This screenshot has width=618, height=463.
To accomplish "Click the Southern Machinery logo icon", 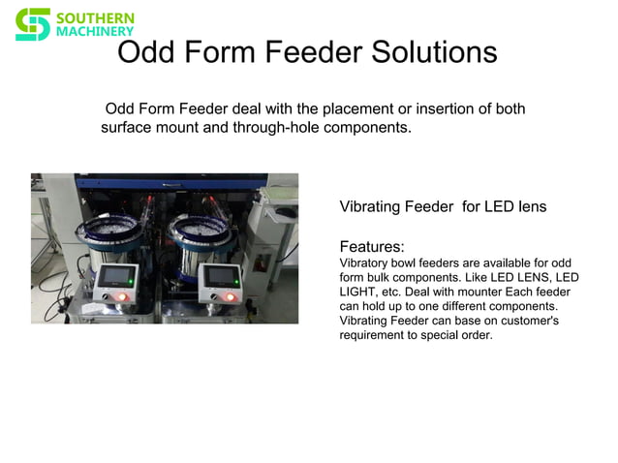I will click(32, 24).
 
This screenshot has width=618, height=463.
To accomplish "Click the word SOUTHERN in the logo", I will click(95, 17).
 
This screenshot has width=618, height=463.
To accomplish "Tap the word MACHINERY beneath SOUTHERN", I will click(95, 32).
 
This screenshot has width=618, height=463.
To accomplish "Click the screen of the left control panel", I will click(118, 275).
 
